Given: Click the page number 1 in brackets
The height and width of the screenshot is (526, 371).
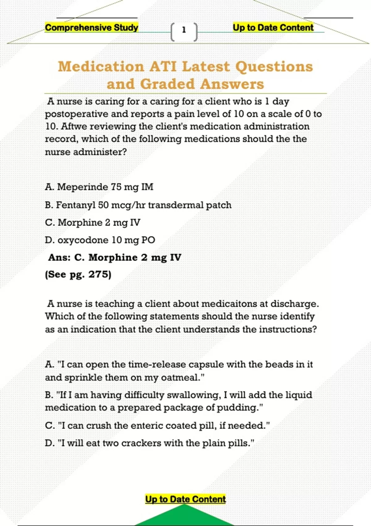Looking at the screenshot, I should [x=184, y=30].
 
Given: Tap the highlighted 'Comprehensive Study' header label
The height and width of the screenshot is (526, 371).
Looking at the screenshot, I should [x=92, y=28].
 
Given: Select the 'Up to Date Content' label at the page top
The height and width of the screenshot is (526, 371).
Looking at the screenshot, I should [x=273, y=28].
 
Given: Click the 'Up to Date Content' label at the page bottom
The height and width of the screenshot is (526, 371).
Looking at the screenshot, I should [x=185, y=499].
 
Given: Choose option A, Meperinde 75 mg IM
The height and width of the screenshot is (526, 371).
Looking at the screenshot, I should [x=99, y=187].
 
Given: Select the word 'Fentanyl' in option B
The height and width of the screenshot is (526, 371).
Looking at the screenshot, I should [x=75, y=205].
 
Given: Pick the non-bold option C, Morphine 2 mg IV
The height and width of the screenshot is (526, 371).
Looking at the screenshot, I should [x=93, y=222].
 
